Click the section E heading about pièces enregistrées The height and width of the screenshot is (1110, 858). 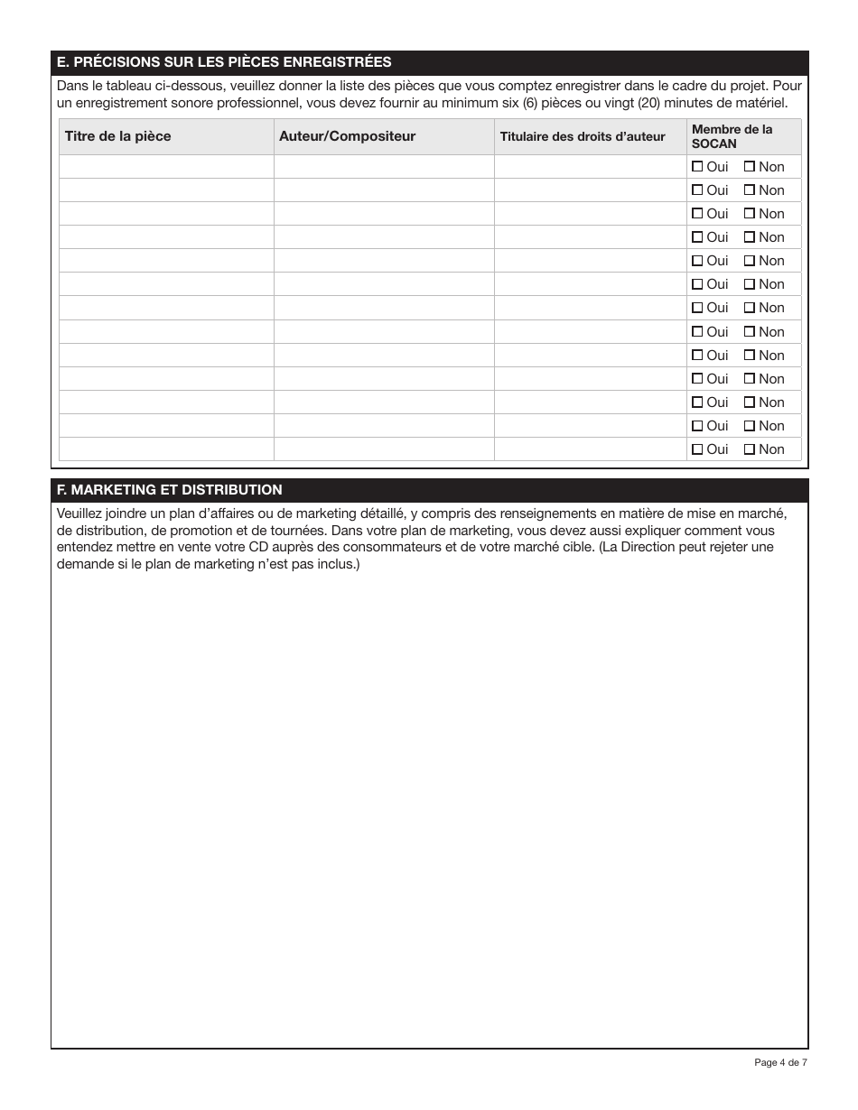(x=224, y=62)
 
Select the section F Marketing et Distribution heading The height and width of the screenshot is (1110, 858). (x=169, y=490)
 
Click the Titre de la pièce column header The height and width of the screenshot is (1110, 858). (x=117, y=136)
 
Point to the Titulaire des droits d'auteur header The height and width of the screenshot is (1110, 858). (x=583, y=136)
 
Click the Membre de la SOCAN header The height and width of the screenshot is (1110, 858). (x=732, y=136)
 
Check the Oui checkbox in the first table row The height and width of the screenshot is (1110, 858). (x=697, y=166)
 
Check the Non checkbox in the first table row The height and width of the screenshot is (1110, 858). (x=750, y=166)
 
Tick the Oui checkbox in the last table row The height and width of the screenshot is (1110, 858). (x=697, y=449)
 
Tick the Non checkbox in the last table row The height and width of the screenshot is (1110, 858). (x=750, y=449)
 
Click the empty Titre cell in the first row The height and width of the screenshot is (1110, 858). (x=166, y=166)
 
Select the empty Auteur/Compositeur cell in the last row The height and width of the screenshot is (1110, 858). (x=384, y=449)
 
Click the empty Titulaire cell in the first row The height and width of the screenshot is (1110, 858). (x=590, y=166)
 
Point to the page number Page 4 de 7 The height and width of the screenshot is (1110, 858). (x=780, y=1062)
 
